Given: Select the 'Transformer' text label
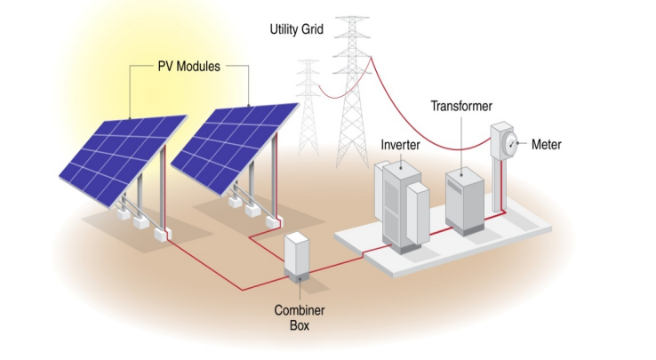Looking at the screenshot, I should click(x=461, y=107).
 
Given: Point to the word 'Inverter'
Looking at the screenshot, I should click(x=400, y=144).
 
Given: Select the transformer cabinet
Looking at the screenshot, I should click(x=467, y=198).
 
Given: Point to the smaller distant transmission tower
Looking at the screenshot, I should click(x=308, y=107).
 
